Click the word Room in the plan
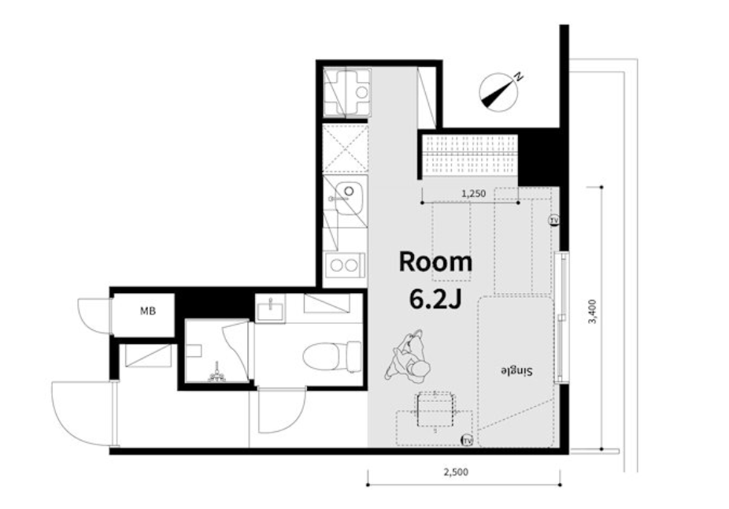pos(435,262)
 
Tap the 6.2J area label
pos(435,299)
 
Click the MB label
pos(148,311)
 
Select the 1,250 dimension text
pos(473,193)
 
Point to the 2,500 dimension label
pos(456,472)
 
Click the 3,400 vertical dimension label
pos(592,312)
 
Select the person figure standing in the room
pos(407,355)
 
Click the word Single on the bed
pos(516,371)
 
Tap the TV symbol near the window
pos(553,220)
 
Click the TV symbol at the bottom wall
pos(466,440)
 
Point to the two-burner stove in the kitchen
pos(345,266)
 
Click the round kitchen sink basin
pos(349,191)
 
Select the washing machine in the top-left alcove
pos(347,92)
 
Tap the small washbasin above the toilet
pos(270,308)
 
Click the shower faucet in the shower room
pos(217,374)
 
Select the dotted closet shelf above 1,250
pos(468,154)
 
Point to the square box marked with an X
pos(345,149)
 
